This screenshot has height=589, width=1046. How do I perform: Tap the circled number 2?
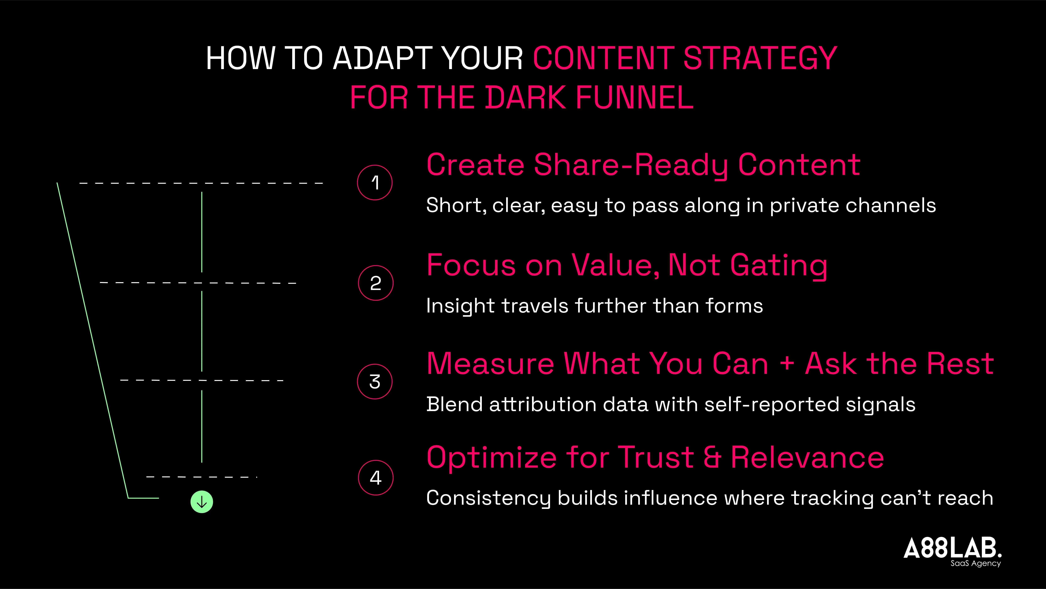[x=376, y=283]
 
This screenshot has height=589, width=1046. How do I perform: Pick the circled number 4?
[x=376, y=478]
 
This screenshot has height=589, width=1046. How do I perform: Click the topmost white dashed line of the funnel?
[x=201, y=183]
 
